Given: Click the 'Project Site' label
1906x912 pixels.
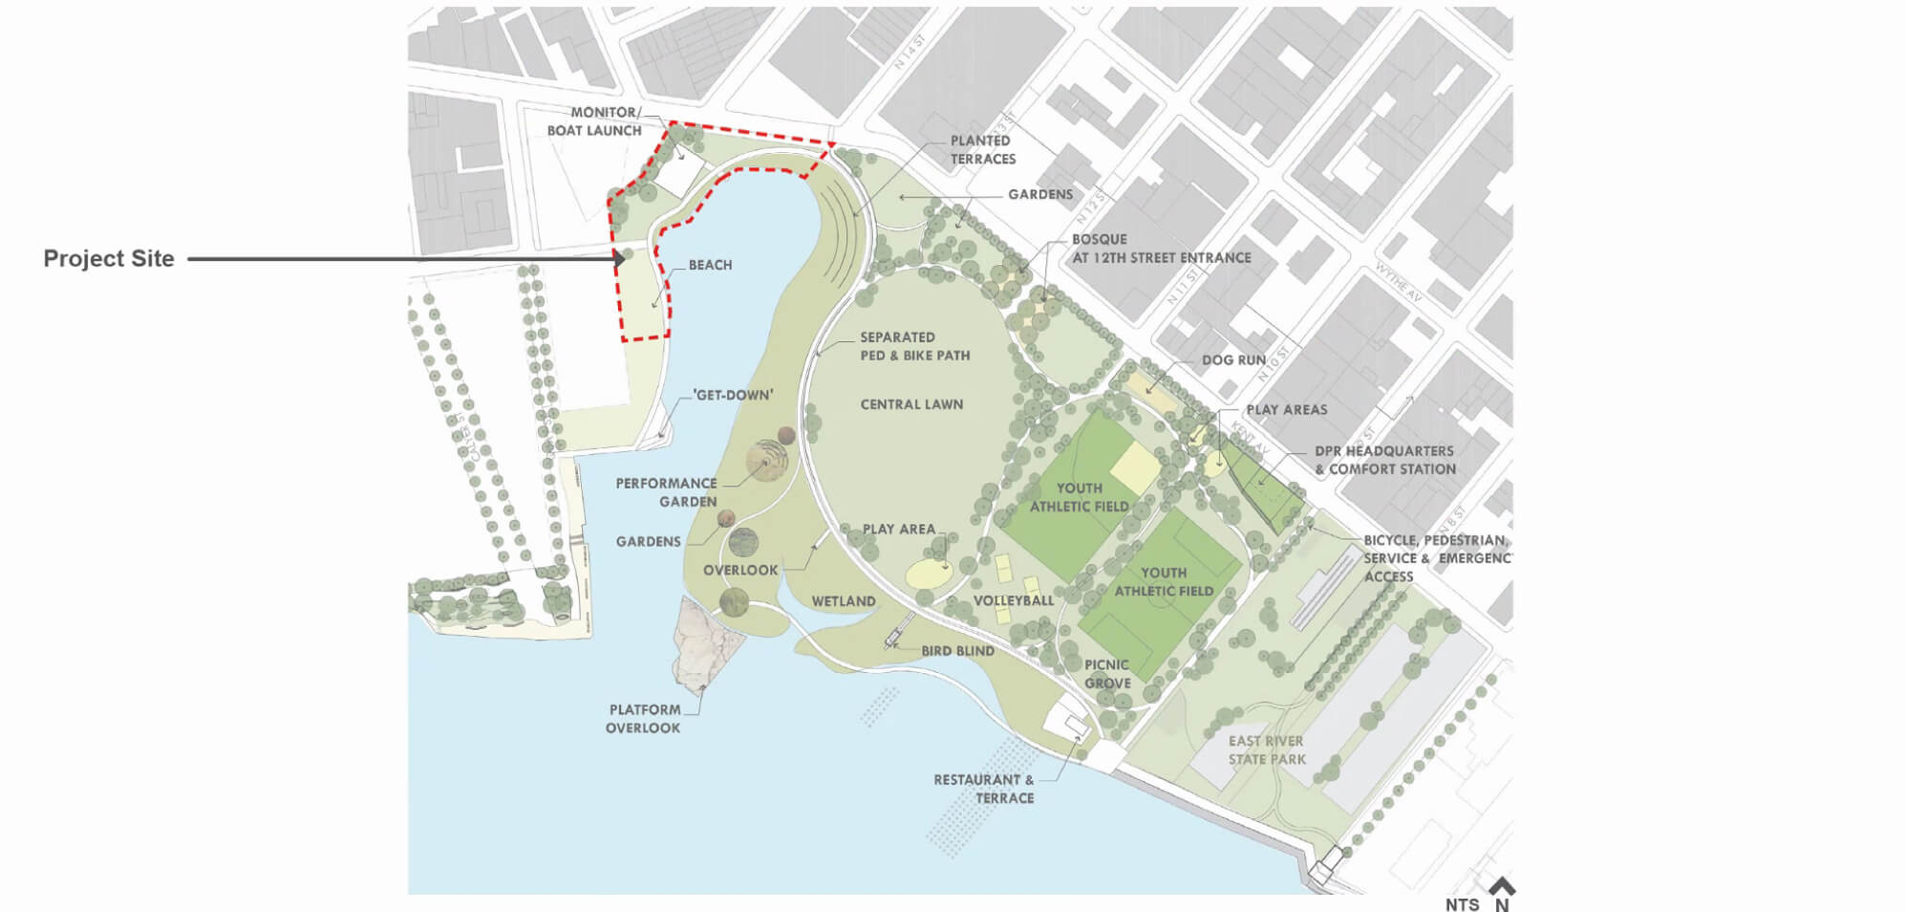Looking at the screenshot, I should coord(109,259).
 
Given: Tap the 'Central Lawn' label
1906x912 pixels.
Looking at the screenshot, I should coord(911,404).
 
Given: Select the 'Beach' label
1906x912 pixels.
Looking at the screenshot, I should coord(710,265).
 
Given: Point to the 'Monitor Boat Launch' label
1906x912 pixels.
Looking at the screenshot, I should coord(595,121).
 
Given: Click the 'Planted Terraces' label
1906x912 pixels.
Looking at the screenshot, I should coord(982,150).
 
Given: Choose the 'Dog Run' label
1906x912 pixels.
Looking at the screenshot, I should coord(1233,360).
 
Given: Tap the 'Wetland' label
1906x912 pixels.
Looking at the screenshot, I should coord(844,601).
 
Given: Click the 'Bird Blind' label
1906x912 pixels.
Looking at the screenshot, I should coord(957,651).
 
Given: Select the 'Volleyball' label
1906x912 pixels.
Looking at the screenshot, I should coord(1014,600).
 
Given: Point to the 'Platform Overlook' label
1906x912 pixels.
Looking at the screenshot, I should coord(644,719).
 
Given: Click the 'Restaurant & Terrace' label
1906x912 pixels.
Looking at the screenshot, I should coord(984,789).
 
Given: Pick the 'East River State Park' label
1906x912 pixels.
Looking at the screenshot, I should coord(1267,750).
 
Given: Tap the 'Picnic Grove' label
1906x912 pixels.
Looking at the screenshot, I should coord(1107,674).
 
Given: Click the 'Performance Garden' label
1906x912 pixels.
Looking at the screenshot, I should coord(667,492).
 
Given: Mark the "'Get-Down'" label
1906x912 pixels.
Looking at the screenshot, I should coord(733,395).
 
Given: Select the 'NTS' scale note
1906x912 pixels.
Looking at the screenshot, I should coord(1462,904).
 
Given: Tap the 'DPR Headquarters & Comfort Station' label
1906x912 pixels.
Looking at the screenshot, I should coord(1385,460).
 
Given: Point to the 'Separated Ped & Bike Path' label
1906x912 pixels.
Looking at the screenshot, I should coord(914,346).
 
